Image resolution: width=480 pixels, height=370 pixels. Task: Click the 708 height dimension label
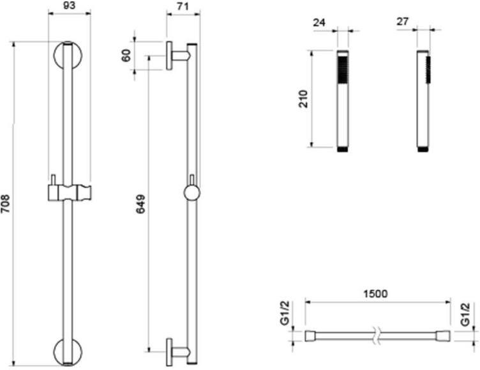pos(6,203)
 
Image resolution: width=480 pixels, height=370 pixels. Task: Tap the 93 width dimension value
pos(68,5)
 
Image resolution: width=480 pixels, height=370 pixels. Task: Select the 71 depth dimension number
pos(183,6)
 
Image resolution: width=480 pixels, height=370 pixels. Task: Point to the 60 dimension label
pos(126,56)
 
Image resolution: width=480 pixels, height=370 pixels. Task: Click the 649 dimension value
pos(140,204)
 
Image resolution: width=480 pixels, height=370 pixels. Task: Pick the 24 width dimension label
pos(319,22)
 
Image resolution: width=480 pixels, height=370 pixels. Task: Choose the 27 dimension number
pos(403,22)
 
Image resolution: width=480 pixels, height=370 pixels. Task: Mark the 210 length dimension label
pos(303,98)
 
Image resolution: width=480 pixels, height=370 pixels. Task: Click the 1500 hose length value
pos(375,294)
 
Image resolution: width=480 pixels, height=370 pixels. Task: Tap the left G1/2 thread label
pos(285,313)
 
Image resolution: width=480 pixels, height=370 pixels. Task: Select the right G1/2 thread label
pos(465,314)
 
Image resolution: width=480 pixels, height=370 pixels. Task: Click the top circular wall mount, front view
pos(68,55)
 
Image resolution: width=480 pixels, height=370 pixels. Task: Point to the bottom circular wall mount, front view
pos(68,352)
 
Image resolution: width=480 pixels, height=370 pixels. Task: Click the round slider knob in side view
pos(192,193)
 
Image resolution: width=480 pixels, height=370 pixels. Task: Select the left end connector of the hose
pos(310,336)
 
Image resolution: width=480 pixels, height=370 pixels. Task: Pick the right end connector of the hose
pos(443,336)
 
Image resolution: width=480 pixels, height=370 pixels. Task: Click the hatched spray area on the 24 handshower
pos(343,69)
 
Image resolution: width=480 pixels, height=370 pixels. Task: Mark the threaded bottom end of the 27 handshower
pos(423,150)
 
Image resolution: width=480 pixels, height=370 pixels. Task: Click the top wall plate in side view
pos(169,56)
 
